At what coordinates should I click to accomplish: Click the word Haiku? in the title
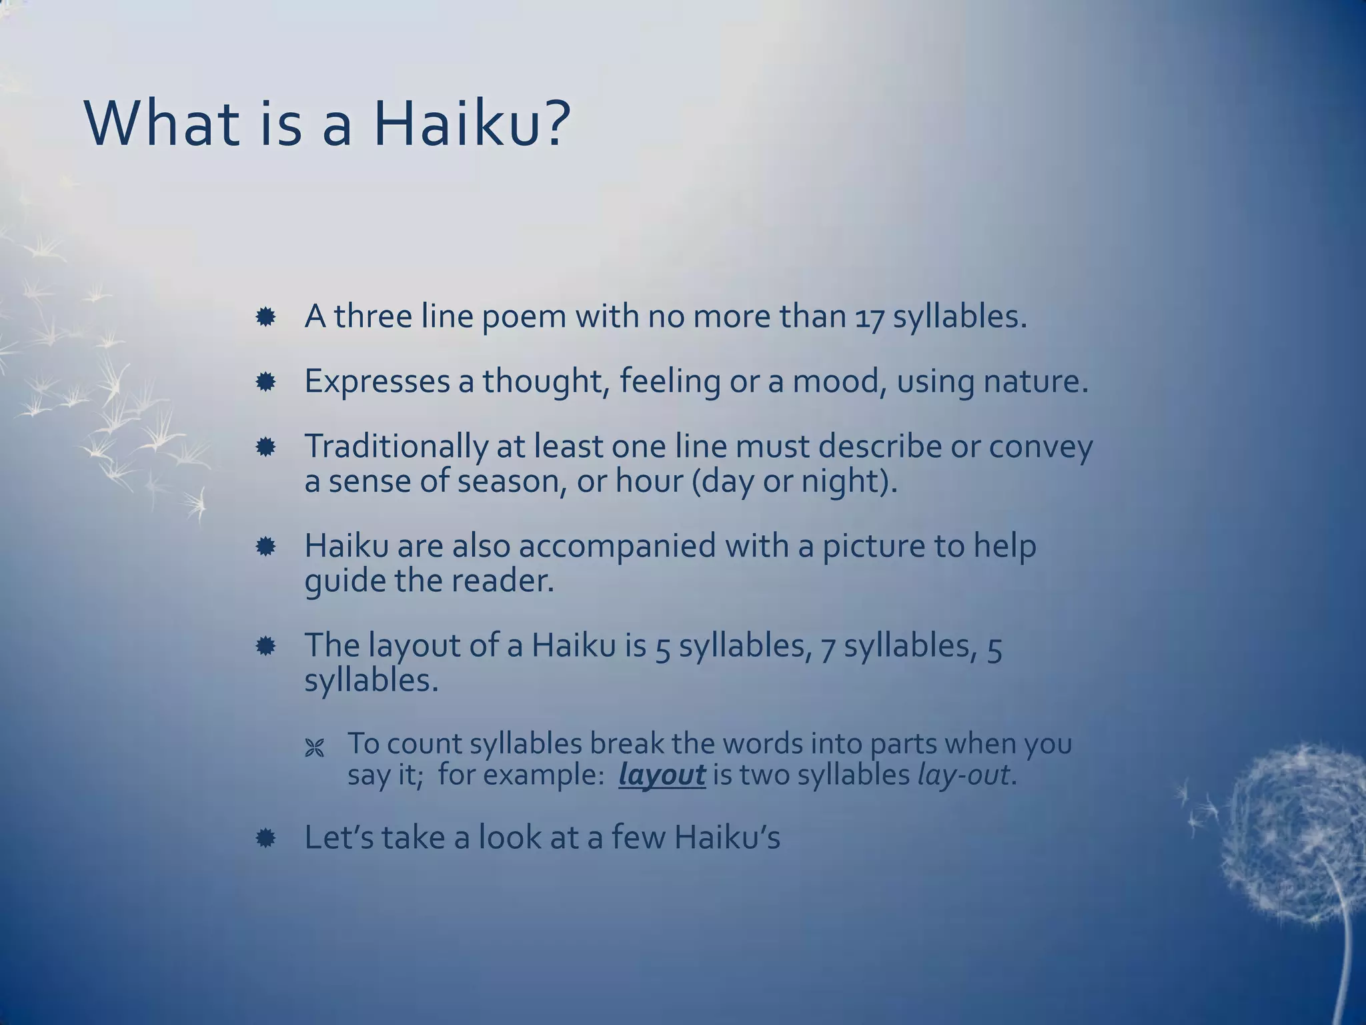tap(472, 124)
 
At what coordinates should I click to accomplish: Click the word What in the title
tap(162, 124)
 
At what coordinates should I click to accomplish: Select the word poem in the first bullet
tap(523, 318)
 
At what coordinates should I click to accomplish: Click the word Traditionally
tap(396, 447)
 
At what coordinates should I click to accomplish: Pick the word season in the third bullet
tap(512, 481)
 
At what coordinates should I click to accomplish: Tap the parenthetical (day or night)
tap(794, 482)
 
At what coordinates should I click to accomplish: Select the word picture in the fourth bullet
tap(872, 547)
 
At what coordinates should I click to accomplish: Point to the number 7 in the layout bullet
tap(828, 647)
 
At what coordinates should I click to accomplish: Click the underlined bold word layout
tap(662, 775)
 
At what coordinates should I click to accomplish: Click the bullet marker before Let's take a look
tap(265, 839)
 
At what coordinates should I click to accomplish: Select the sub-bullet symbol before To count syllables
tap(314, 749)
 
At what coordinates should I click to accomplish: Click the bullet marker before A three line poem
tap(265, 318)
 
